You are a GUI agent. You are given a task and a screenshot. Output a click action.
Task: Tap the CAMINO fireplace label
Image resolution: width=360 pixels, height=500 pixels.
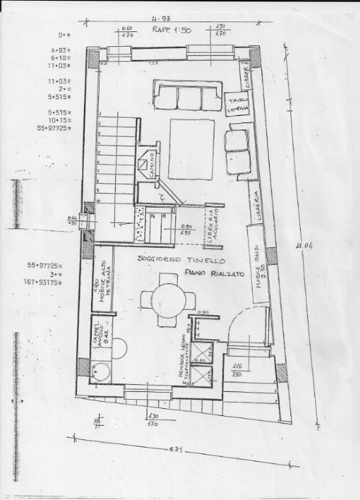click(150, 161)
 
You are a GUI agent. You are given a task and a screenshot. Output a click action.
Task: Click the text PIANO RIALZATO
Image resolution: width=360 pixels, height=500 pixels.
click(214, 275)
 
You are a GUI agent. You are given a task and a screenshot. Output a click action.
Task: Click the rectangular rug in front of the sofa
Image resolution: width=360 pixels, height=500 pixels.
click(191, 148)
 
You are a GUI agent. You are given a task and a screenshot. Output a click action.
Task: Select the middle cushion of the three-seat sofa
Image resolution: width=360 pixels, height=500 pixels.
click(190, 98)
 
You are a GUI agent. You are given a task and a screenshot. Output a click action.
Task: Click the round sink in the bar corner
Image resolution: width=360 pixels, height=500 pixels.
click(101, 372)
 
